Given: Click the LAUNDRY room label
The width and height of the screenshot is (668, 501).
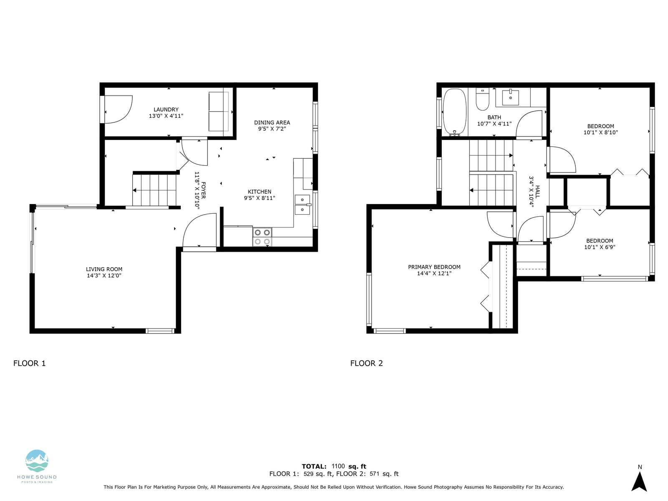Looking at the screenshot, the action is pos(166,109).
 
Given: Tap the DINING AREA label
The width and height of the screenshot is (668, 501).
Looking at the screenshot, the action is pos(272,123).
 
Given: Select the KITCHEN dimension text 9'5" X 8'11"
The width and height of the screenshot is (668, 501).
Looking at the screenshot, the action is pos(259,198).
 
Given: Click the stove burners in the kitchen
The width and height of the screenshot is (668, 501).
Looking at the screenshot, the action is pos(262,237).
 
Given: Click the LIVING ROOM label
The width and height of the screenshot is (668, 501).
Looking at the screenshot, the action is pos(104,269).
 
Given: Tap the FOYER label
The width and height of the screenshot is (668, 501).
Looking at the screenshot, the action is pos(203,190).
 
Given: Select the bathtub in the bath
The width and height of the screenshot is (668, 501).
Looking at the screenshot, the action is pos(455,112).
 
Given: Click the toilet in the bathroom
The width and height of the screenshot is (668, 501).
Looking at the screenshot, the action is pos(482,99).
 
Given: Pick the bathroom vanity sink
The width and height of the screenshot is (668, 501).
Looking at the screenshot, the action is pos(510,97).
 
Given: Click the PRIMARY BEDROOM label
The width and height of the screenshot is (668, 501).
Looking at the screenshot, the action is pos(434,267).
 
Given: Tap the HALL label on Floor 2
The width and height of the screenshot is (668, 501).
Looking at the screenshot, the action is pos(537,192).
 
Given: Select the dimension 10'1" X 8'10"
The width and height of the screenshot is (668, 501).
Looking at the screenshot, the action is pos(600,132).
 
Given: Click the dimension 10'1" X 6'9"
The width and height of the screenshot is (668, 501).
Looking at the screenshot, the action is pos(600,247).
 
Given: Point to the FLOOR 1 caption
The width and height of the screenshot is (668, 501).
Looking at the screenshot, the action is pos(30,363).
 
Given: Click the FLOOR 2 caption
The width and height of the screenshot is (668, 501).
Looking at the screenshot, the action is pos(367,363).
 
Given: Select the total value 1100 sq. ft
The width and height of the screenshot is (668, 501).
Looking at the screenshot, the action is pos(349,466).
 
